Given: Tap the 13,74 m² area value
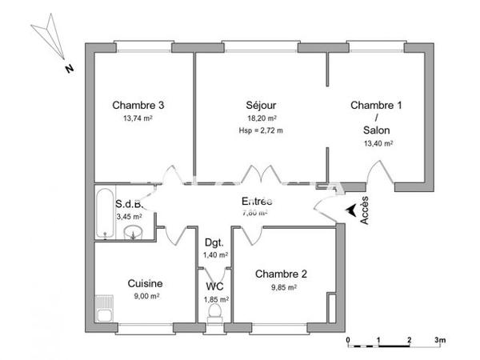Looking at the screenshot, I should tap(138, 118).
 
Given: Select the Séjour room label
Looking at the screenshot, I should tap(261, 105).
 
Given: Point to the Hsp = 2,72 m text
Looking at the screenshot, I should tap(261, 130).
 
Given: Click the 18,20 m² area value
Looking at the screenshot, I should tap(261, 118).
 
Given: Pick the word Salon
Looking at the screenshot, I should tap(377, 130).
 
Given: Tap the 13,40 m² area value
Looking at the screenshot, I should tap(378, 144).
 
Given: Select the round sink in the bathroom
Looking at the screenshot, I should tap(134, 233).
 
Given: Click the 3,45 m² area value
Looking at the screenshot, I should tap(130, 216).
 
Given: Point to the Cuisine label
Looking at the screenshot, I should tap(146, 283).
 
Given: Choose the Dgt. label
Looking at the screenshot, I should tap(214, 242).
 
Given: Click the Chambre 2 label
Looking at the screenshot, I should tap(281, 274).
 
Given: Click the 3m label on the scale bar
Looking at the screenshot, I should tap(439, 340).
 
